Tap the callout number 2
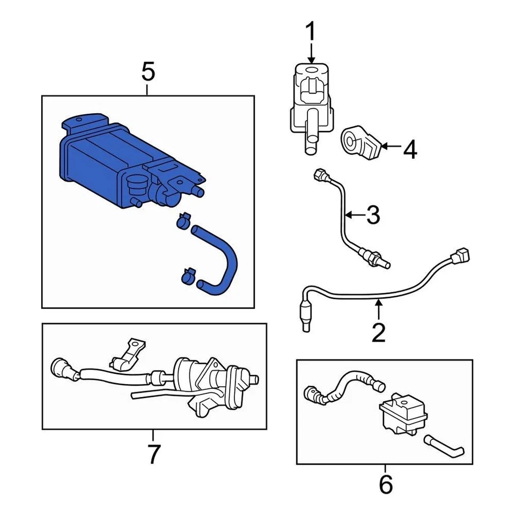378,333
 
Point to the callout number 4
410,150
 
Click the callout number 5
148,71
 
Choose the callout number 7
153,454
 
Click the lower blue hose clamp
188,276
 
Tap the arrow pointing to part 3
351,216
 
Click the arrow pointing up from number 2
378,308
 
